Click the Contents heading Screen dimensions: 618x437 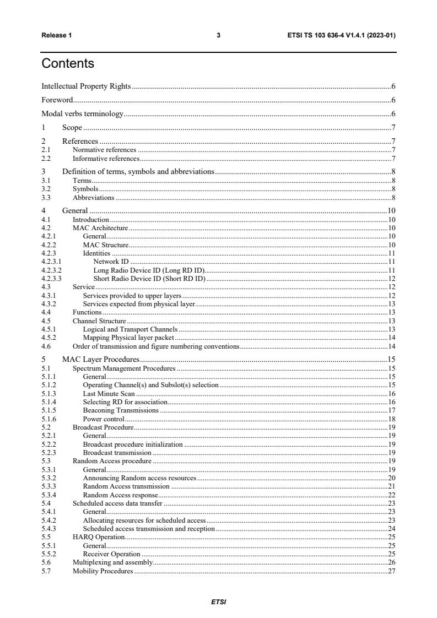(x=68, y=63)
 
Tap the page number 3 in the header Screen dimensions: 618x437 (x=218, y=35)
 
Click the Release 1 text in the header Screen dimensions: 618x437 (x=57, y=35)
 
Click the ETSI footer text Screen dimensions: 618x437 (x=218, y=602)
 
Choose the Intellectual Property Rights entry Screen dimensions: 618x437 (x=86, y=86)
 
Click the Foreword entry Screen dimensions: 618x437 (x=57, y=100)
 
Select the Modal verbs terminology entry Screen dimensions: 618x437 (x=82, y=114)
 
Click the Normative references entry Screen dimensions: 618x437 (x=104, y=150)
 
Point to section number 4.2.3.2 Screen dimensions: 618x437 (x=52, y=270)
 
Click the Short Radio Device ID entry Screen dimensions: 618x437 (x=149, y=279)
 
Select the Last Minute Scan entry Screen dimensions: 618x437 (x=109, y=394)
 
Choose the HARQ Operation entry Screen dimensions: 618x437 (x=99, y=536)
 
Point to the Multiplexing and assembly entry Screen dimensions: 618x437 (x=112, y=562)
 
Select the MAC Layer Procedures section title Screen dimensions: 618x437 (x=101, y=359)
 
